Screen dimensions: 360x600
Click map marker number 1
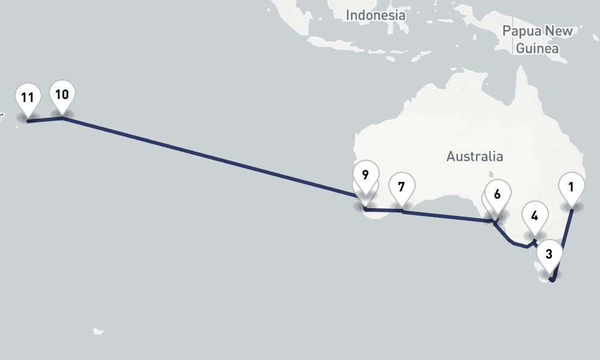tap(571, 187)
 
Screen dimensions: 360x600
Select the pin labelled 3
tap(549, 254)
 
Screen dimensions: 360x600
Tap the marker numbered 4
tap(535, 215)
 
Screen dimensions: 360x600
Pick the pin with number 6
tap(497, 194)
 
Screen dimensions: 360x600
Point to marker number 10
tap(62, 95)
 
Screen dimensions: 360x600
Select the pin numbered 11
tap(27, 98)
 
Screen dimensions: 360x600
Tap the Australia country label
tap(475, 157)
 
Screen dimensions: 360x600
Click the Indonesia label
tap(376, 15)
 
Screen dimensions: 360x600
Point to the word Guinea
tap(538, 49)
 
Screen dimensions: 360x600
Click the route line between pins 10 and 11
tap(46, 120)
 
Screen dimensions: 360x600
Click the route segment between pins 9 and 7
tap(384, 211)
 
